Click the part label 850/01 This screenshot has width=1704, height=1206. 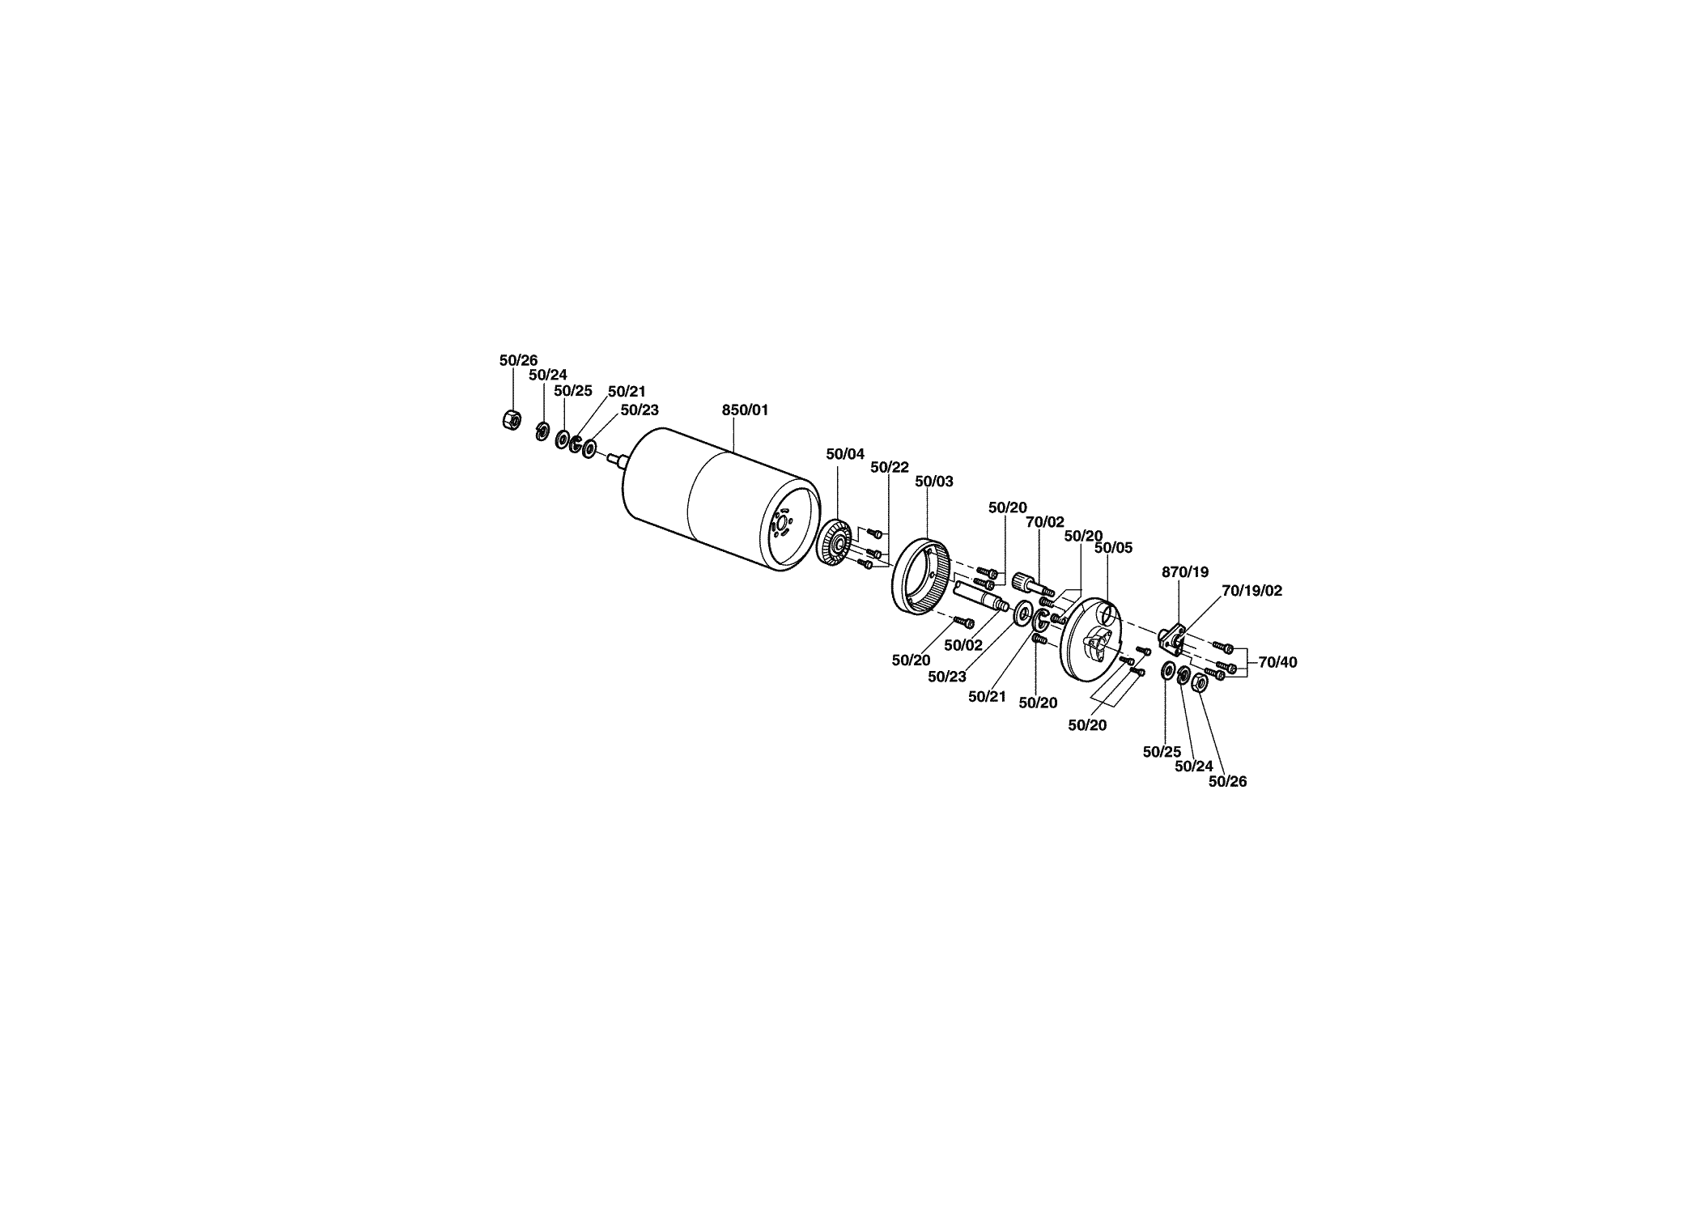[745, 410]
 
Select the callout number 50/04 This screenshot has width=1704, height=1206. [845, 454]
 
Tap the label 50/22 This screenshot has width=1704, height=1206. [890, 467]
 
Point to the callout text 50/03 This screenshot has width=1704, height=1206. [934, 481]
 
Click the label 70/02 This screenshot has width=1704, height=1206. [1045, 522]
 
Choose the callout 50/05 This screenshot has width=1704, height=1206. [1113, 548]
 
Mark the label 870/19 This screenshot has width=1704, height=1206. [1185, 572]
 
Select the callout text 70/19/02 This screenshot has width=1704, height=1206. [1251, 591]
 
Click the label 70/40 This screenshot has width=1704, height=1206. [1277, 662]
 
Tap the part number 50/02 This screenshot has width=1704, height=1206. [963, 645]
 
